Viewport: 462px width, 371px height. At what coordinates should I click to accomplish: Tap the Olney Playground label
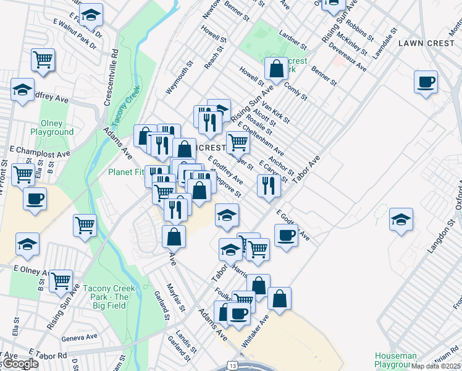[x=56, y=127]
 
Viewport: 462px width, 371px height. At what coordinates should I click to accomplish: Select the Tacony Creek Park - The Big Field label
[x=106, y=292]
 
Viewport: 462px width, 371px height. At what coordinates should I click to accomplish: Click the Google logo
[x=20, y=364]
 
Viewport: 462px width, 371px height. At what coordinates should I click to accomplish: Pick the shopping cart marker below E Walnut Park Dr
[x=43, y=60]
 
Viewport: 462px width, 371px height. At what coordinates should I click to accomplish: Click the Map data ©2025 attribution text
[x=436, y=366]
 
